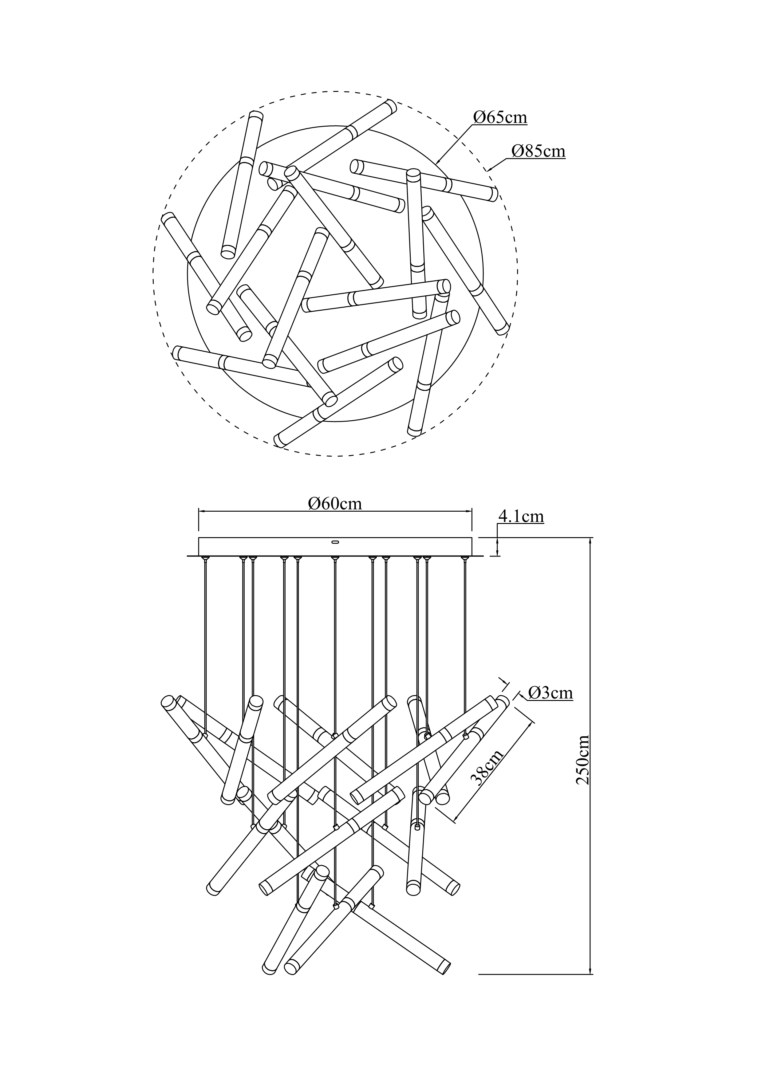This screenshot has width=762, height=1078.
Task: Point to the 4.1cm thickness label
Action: tap(521, 517)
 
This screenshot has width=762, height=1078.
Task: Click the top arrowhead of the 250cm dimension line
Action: tap(590, 541)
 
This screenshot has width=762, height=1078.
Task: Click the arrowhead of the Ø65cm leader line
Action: tap(438, 162)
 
